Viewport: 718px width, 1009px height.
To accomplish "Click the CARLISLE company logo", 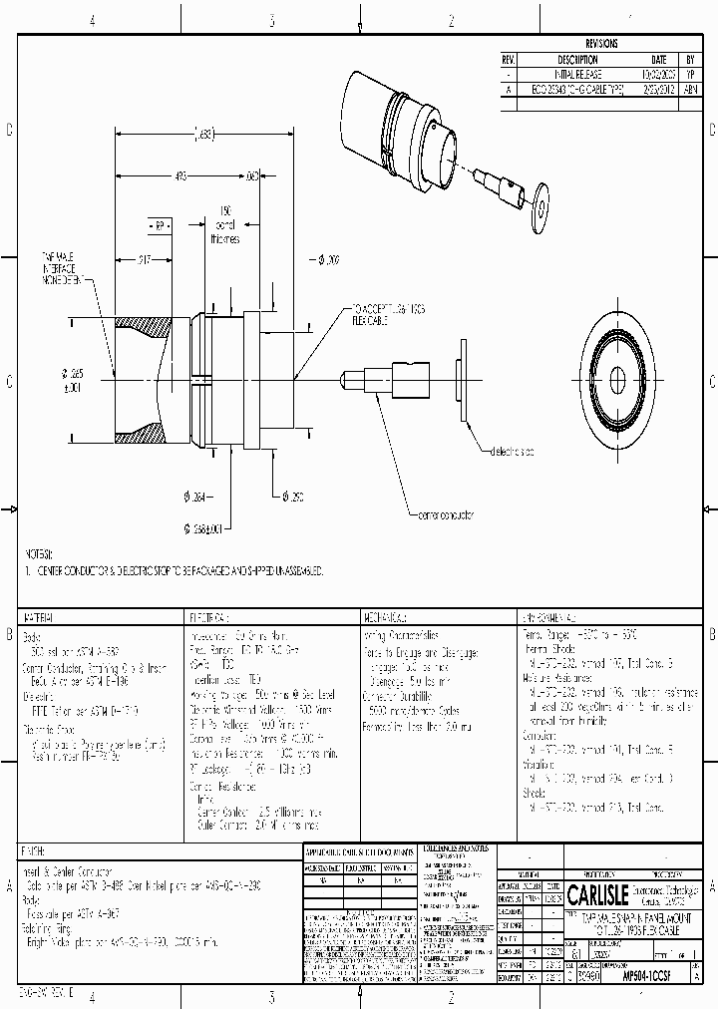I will tap(597, 890).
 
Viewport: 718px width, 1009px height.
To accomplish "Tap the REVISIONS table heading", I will tap(601, 44).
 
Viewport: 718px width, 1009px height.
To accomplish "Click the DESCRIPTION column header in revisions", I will tap(577, 59).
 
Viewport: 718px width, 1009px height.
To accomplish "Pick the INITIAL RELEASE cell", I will tap(577, 74).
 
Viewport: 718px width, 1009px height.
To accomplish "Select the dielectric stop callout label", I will tap(510, 452).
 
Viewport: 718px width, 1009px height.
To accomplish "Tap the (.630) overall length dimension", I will tap(203, 134).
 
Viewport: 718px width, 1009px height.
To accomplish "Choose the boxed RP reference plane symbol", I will tap(157, 227).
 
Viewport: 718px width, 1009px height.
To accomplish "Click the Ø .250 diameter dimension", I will tap(289, 496).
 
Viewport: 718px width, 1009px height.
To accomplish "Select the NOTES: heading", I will tap(40, 552).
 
